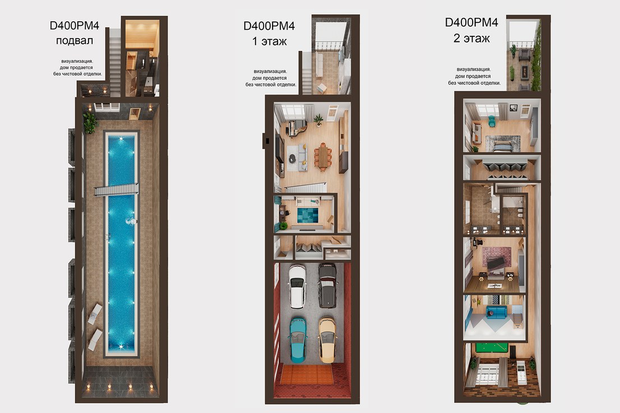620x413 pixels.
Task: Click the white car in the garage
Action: point(297,286)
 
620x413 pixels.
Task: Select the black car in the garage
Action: point(327,285)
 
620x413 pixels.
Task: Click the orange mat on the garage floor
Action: point(307,374)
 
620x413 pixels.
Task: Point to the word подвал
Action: point(75,41)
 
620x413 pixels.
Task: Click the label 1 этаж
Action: point(269,41)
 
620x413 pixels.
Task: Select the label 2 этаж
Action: point(471,38)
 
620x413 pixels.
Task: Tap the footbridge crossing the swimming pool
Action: point(116,190)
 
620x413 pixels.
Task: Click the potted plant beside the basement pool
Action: point(90,123)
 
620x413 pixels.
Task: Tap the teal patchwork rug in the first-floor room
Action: point(308,215)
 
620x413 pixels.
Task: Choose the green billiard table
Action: point(492,348)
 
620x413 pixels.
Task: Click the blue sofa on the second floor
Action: point(496,312)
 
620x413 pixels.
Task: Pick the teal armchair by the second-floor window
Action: point(492,121)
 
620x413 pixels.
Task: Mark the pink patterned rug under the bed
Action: point(497,257)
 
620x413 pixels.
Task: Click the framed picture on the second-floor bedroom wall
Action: point(513,108)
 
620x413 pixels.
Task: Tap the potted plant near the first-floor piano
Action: point(318,119)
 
